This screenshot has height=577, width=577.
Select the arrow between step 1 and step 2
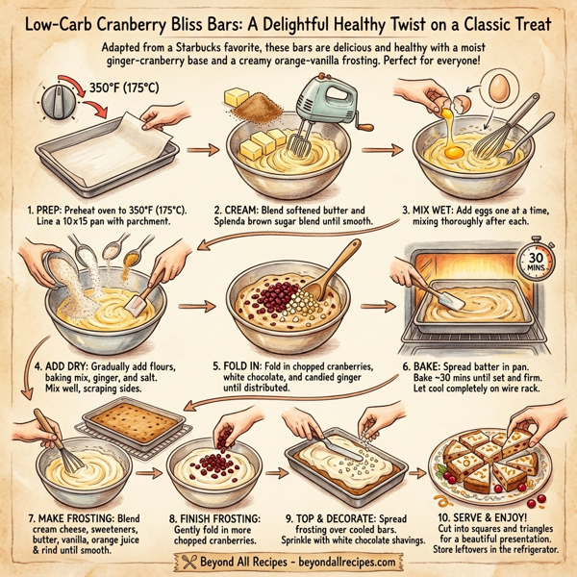[x=201, y=150]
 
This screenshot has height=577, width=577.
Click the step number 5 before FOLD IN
[x=216, y=366]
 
